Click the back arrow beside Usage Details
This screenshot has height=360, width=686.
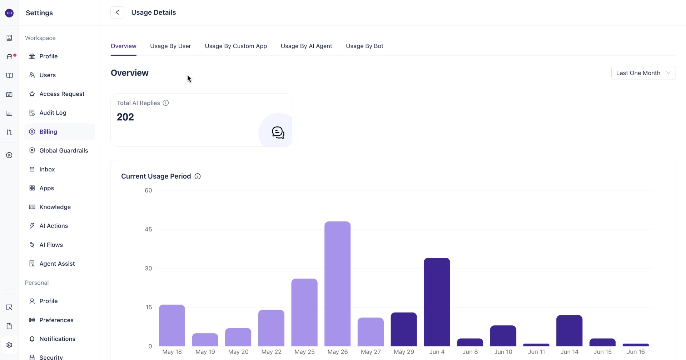point(117,12)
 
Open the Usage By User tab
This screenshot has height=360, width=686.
point(170,46)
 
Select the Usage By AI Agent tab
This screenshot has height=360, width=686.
point(306,46)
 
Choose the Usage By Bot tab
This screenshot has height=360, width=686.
point(364,46)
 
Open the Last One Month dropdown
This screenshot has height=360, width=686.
point(643,73)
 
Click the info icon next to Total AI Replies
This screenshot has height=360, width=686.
point(166,103)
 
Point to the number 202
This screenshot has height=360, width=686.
point(125,117)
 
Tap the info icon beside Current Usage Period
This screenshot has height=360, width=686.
point(198,176)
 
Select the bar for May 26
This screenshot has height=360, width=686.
point(338,284)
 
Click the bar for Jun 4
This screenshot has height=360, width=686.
point(437,302)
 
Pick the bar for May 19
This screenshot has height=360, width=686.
point(205,340)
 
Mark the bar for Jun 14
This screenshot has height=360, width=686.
point(570,330)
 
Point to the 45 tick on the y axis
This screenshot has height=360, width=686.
point(148,229)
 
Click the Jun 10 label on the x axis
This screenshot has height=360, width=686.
point(503,352)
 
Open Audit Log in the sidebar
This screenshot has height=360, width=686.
point(53,113)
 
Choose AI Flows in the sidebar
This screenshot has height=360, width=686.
point(51,245)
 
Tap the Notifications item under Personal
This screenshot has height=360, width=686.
point(57,339)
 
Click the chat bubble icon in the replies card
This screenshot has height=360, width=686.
point(278,132)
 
